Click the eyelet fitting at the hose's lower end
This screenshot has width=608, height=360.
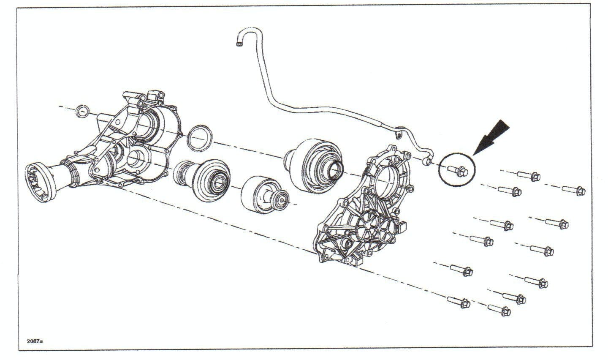pyautogui.click(x=426, y=159)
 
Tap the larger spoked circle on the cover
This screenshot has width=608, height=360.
pyautogui.click(x=366, y=228)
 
